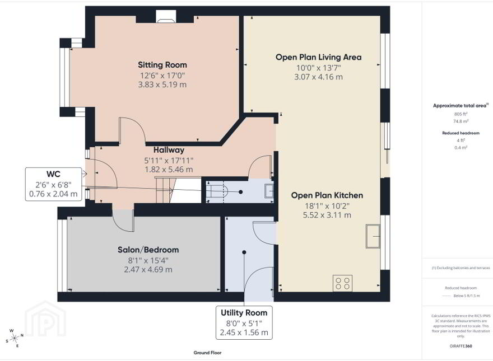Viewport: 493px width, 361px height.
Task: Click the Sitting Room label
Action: click(x=162, y=65)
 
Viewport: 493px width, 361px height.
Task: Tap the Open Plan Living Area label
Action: click(x=319, y=57)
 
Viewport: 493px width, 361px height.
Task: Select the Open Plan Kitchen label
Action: click(x=327, y=195)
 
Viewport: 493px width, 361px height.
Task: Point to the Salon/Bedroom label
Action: click(x=148, y=250)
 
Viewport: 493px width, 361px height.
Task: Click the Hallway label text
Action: click(x=169, y=150)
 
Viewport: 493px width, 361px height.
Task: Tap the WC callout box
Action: click(x=53, y=184)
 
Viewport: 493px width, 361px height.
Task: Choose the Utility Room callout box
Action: click(x=244, y=323)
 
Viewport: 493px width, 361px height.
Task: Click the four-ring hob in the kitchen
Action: click(x=343, y=283)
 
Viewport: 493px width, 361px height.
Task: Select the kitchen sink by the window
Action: click(x=373, y=236)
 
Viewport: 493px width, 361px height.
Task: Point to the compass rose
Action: click(x=15, y=338)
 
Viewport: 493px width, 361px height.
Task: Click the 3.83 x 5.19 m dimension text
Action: click(x=162, y=85)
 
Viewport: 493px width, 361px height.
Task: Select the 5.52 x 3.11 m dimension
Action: click(x=327, y=215)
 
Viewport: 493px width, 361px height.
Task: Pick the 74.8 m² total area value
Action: click(x=461, y=121)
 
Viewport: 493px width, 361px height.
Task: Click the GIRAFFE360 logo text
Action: click(x=461, y=346)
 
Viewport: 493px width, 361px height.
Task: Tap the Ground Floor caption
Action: click(x=207, y=353)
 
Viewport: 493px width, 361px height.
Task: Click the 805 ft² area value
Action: click(x=461, y=114)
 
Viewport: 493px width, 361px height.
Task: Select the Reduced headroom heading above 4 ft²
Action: click(x=461, y=133)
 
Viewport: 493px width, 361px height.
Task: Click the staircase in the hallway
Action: click(x=178, y=190)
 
